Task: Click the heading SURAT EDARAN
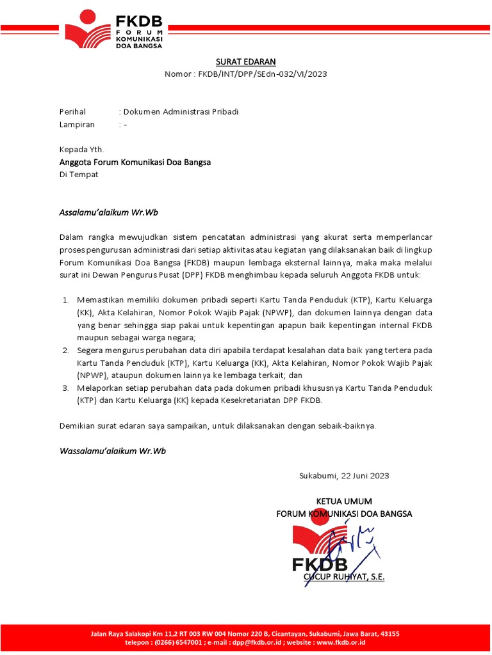pos(245,61)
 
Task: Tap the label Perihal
pos(72,112)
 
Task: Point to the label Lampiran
pos(77,125)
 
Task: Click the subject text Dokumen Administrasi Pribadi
pos(181,112)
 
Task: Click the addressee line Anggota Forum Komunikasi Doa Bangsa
pos(135,162)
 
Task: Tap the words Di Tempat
pos(79,174)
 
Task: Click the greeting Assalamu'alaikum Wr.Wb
pos(108,212)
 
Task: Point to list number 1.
pos(65,299)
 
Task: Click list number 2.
pos(65,350)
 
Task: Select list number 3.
pos(65,388)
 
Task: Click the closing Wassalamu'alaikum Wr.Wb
pos(112,451)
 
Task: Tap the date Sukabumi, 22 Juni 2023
pos(344,476)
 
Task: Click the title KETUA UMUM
pos(344,501)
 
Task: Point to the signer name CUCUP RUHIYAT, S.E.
pos(344,577)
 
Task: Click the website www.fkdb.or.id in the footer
pos(340,642)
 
